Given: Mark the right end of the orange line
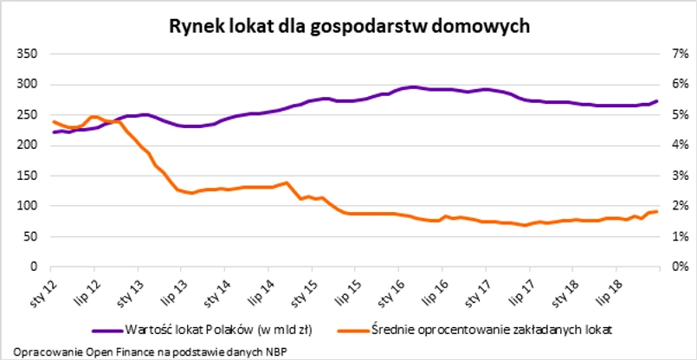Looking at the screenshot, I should point(657,211).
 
